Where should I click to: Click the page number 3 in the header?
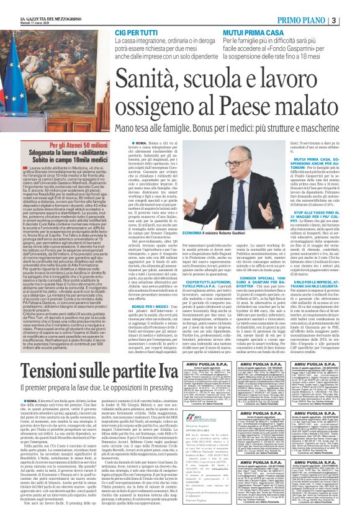point(351,20)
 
